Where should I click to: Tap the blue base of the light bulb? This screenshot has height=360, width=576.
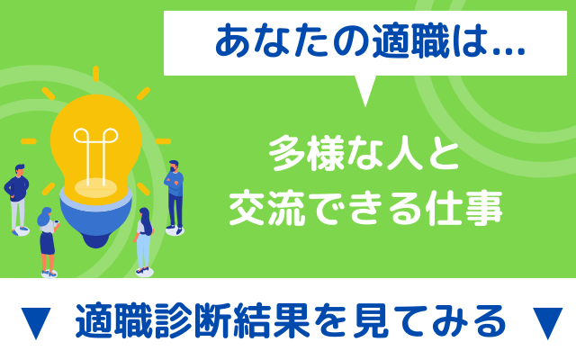[x=95, y=220]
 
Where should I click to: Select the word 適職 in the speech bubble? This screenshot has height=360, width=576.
[x=410, y=41]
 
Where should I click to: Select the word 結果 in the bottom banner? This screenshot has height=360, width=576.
[x=272, y=320]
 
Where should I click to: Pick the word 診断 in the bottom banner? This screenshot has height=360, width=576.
[x=193, y=320]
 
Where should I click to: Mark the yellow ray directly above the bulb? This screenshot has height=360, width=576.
[x=96, y=74]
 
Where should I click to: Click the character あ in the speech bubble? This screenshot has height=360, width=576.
[x=234, y=41]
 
